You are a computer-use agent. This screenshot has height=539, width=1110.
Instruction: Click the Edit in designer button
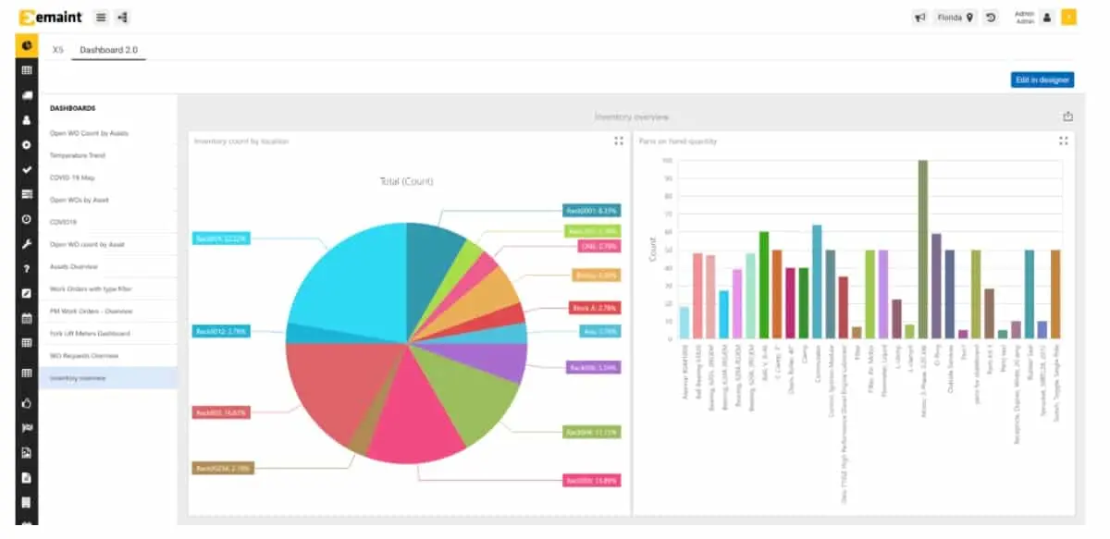1042,80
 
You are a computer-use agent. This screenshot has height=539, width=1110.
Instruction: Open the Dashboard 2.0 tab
108,50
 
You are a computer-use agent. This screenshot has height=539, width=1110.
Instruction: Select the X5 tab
57,50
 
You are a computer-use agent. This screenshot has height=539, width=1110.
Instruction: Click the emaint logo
52,17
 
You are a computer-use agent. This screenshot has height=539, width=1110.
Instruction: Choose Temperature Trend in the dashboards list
78,155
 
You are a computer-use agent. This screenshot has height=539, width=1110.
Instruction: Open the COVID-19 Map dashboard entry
72,178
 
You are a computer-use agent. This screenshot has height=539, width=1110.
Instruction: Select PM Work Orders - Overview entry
91,312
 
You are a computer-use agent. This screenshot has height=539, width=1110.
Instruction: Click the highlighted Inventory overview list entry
78,378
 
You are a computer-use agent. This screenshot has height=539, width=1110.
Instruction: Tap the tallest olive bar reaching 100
922,250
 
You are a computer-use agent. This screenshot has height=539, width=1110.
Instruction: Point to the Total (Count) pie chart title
406,181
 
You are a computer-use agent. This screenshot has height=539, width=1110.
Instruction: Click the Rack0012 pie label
219,330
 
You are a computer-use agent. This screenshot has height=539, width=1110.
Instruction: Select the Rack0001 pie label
591,211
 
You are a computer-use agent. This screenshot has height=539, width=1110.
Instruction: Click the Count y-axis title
652,250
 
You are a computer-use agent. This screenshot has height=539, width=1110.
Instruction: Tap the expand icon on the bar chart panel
1063,141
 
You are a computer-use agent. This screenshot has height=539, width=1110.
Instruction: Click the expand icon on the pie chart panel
618,141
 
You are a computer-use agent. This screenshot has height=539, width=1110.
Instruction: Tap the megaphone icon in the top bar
920,17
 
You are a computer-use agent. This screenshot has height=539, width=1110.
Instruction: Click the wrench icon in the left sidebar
27,245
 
